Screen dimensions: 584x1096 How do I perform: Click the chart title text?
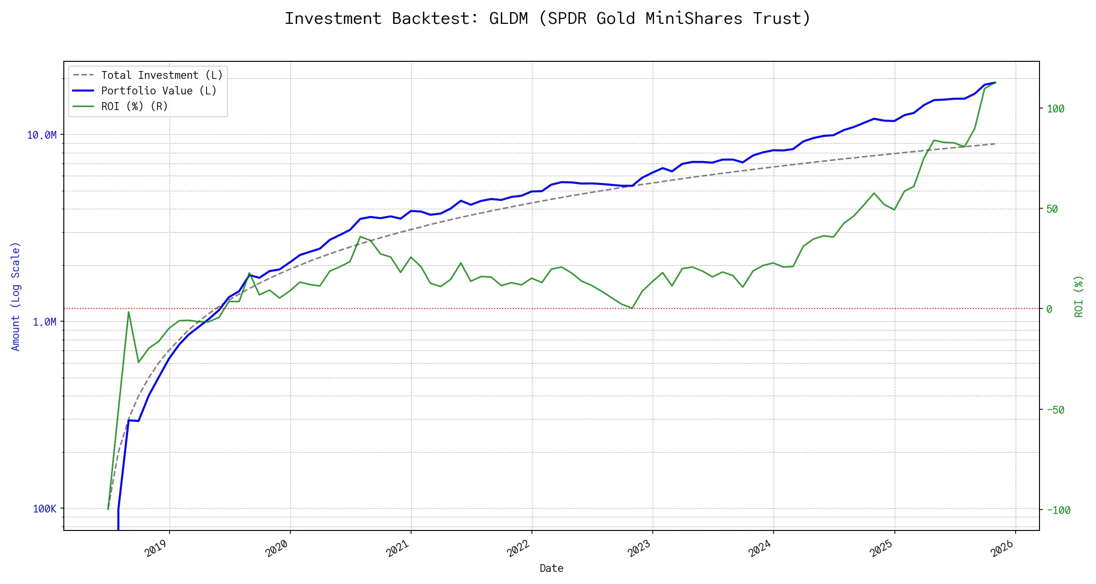point(548,18)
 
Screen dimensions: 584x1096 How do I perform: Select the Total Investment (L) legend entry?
point(161,75)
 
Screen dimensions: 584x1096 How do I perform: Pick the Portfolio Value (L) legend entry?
point(158,91)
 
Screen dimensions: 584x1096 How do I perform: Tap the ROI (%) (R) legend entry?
point(134,107)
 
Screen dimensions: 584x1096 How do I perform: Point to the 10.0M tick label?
point(41,135)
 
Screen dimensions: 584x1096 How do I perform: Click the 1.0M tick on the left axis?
point(44,322)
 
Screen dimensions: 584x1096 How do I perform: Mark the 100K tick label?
point(44,509)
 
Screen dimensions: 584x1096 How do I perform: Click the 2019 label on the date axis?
point(156,548)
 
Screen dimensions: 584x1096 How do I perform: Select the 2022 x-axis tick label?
point(518,548)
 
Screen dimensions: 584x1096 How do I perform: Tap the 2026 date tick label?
point(1002,548)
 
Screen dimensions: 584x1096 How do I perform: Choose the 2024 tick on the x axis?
point(760,548)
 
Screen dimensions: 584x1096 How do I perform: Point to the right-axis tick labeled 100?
point(1056,109)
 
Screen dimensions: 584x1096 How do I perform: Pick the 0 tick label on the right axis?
point(1049,309)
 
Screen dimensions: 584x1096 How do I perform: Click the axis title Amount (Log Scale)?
point(16,296)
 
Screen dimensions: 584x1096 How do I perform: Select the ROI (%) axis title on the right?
point(1079,296)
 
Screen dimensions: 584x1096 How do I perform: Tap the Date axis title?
point(551,568)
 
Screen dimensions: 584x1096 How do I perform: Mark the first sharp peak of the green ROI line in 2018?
point(129,311)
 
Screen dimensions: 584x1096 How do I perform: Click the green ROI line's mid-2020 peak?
point(360,237)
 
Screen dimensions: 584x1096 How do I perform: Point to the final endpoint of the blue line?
point(995,83)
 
